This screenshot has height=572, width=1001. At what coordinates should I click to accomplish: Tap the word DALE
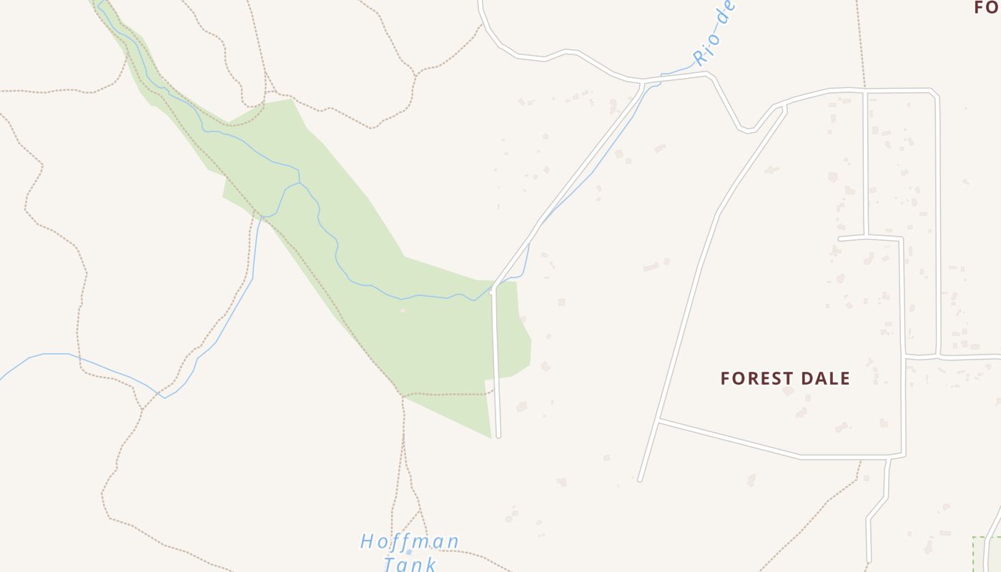tap(827, 378)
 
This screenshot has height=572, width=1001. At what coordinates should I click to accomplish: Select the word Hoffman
tap(410, 541)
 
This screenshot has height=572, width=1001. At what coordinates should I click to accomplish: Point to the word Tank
tap(410, 564)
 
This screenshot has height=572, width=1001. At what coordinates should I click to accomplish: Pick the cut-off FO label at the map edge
tap(987, 8)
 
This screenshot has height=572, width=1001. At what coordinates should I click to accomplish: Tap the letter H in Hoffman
tap(367, 541)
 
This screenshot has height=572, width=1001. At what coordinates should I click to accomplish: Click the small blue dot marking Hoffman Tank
tap(409, 552)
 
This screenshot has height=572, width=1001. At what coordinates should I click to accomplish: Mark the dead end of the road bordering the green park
tap(498, 435)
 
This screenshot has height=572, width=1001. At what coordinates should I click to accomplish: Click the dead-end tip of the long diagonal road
tap(640, 479)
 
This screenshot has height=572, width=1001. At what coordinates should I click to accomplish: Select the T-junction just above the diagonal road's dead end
tap(659, 421)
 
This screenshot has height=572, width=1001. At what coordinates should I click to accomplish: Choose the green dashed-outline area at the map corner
tap(987, 554)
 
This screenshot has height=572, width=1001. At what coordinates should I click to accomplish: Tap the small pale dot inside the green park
tap(403, 310)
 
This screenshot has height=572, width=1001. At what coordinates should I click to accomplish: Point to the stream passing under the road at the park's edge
tap(493, 289)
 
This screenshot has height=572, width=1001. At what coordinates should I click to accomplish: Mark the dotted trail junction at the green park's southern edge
tap(403, 394)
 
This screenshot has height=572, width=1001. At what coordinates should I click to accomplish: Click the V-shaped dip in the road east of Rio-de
tap(747, 131)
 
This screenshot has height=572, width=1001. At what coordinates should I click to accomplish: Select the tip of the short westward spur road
tap(840, 238)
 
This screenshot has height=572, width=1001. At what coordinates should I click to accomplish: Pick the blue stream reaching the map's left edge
tap(1, 378)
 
